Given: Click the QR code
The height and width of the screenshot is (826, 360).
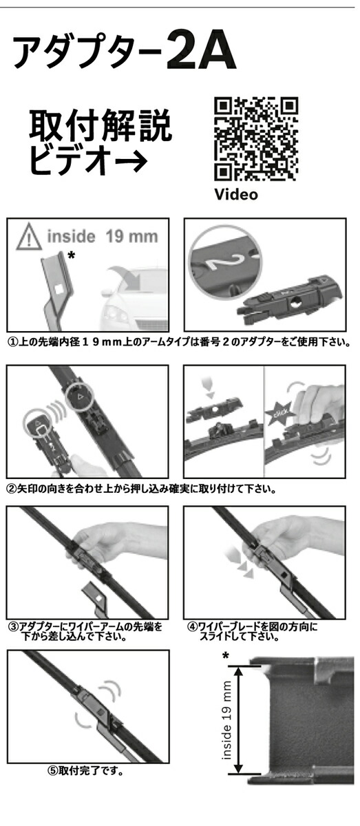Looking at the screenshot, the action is click(256, 139).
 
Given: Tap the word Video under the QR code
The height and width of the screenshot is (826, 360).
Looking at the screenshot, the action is click(236, 194).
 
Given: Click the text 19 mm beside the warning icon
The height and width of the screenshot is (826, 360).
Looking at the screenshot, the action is click(131, 236).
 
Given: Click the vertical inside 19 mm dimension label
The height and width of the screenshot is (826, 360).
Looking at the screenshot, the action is click(226, 720).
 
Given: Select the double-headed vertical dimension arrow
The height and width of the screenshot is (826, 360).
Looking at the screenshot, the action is click(239, 721).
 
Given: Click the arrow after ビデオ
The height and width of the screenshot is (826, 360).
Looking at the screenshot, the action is click(131, 161).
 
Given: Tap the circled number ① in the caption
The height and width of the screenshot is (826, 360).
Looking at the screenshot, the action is click(13, 342).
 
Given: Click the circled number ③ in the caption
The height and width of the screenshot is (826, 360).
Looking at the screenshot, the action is click(14, 626).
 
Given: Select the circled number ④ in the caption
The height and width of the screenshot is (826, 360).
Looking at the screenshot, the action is click(193, 626).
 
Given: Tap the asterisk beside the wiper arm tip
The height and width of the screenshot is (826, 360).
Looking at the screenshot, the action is click(72, 255).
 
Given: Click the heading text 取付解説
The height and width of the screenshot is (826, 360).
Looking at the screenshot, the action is click(100, 125).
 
